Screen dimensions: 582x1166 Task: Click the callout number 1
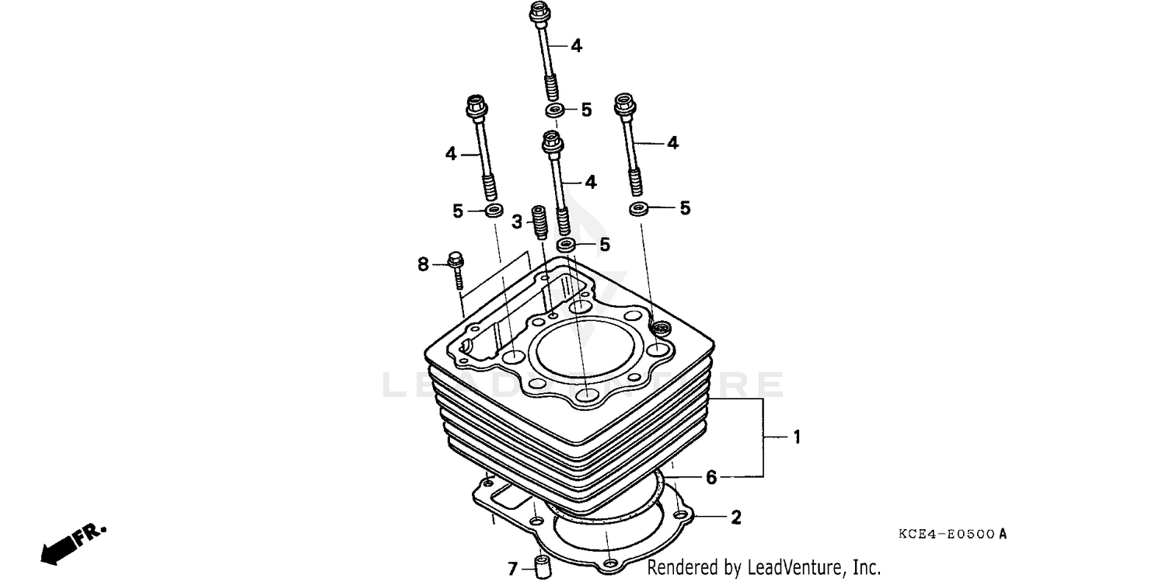796,437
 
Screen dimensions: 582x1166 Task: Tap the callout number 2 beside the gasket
735,517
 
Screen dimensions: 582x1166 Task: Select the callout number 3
517,223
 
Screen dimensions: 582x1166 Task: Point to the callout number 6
711,477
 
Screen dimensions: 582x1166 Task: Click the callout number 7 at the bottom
511,569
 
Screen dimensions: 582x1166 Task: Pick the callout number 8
423,265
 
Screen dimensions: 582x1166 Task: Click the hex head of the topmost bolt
539,13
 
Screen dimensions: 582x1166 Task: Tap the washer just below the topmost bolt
555,110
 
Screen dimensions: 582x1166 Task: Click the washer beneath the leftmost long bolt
492,211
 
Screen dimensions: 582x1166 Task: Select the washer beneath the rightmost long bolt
639,208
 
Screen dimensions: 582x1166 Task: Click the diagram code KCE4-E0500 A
951,534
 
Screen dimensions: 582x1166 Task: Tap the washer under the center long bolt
567,246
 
